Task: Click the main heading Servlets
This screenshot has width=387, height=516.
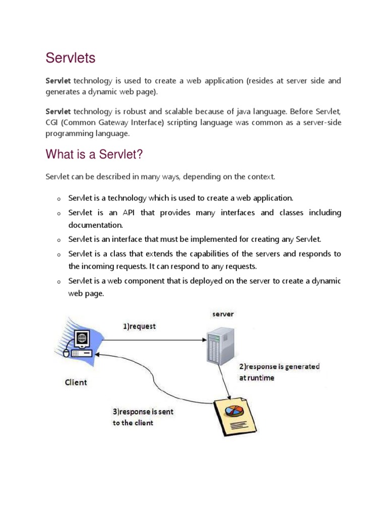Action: click(71, 58)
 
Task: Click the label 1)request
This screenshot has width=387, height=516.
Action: click(140, 326)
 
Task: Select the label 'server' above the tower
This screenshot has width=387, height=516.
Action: click(222, 314)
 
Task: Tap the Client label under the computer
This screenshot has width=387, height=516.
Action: click(76, 382)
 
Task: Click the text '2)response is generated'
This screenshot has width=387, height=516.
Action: click(279, 366)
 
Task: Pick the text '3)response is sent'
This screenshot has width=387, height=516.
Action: click(143, 411)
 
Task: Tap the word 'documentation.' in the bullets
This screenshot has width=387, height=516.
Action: click(96, 225)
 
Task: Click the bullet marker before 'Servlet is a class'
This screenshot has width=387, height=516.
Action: click(59, 255)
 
